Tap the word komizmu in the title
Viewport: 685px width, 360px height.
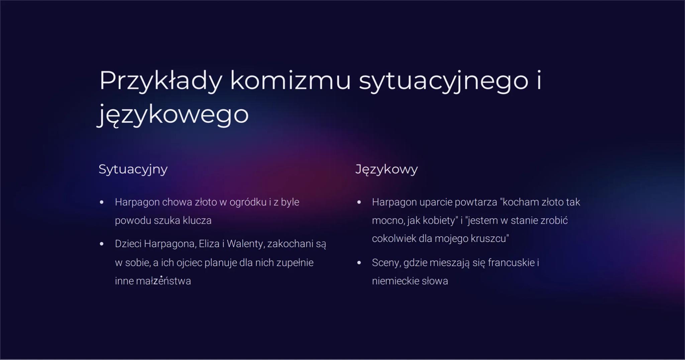[290, 81]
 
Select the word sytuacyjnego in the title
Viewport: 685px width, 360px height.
[443, 81]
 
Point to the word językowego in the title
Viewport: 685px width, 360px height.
[173, 115]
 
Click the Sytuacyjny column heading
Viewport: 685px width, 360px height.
[133, 169]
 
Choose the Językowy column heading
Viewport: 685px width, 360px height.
[386, 169]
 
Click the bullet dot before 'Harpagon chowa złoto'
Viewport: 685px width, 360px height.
[102, 202]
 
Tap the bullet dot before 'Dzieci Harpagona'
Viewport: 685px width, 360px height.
[102, 244]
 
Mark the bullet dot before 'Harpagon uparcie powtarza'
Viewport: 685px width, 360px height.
[359, 202]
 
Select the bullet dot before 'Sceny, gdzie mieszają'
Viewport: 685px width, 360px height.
[359, 263]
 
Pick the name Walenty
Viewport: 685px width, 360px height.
[246, 244]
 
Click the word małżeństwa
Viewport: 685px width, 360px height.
[163, 281]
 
